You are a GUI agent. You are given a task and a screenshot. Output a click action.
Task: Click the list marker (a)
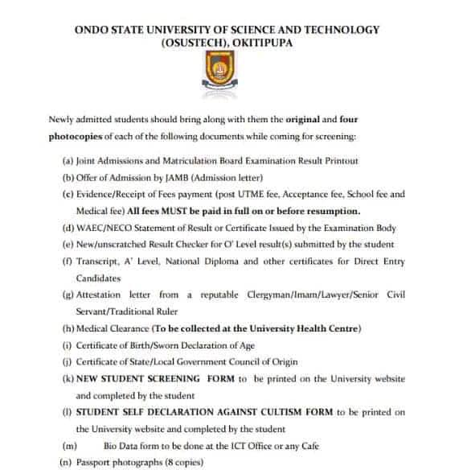pyautogui.click(x=68, y=161)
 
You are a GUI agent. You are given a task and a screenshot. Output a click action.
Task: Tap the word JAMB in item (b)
pyautogui.click(x=164, y=177)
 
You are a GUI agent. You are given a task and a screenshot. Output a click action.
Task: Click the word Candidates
pyautogui.click(x=98, y=278)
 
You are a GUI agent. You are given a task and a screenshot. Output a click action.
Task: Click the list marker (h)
pyautogui.click(x=68, y=328)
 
